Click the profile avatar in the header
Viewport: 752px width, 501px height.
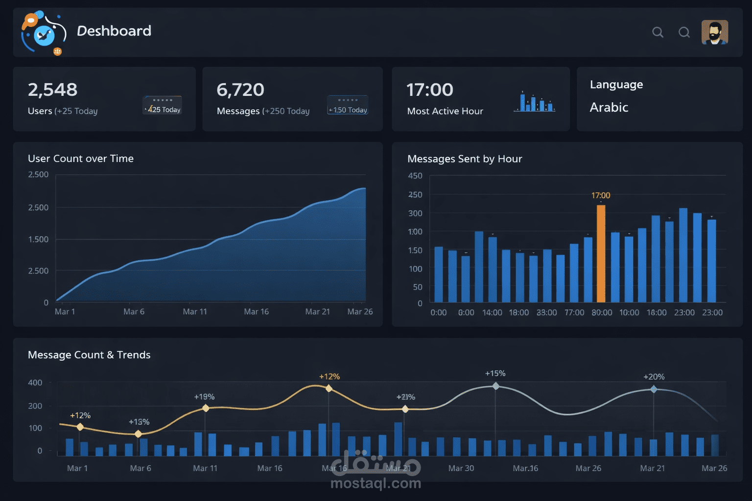715,32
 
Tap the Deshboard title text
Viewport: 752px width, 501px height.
114,31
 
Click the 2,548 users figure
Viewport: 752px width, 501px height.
52,90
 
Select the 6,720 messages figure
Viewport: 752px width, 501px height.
240,90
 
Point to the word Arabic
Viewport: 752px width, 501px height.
609,107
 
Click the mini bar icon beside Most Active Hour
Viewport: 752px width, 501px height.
535,102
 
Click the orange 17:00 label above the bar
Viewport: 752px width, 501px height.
601,195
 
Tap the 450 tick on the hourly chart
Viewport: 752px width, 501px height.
415,176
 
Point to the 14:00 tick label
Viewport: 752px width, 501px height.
492,313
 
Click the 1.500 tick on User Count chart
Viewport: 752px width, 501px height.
38,239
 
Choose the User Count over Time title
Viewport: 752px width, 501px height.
81,159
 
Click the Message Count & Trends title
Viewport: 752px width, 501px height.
89,355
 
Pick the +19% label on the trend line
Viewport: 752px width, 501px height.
204,397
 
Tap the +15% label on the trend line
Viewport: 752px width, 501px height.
495,373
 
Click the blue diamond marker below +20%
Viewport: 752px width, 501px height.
654,389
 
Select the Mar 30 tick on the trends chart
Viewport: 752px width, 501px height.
461,468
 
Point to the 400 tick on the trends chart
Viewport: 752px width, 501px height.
35,383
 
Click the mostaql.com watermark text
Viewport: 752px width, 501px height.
376,483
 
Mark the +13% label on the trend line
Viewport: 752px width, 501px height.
139,422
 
